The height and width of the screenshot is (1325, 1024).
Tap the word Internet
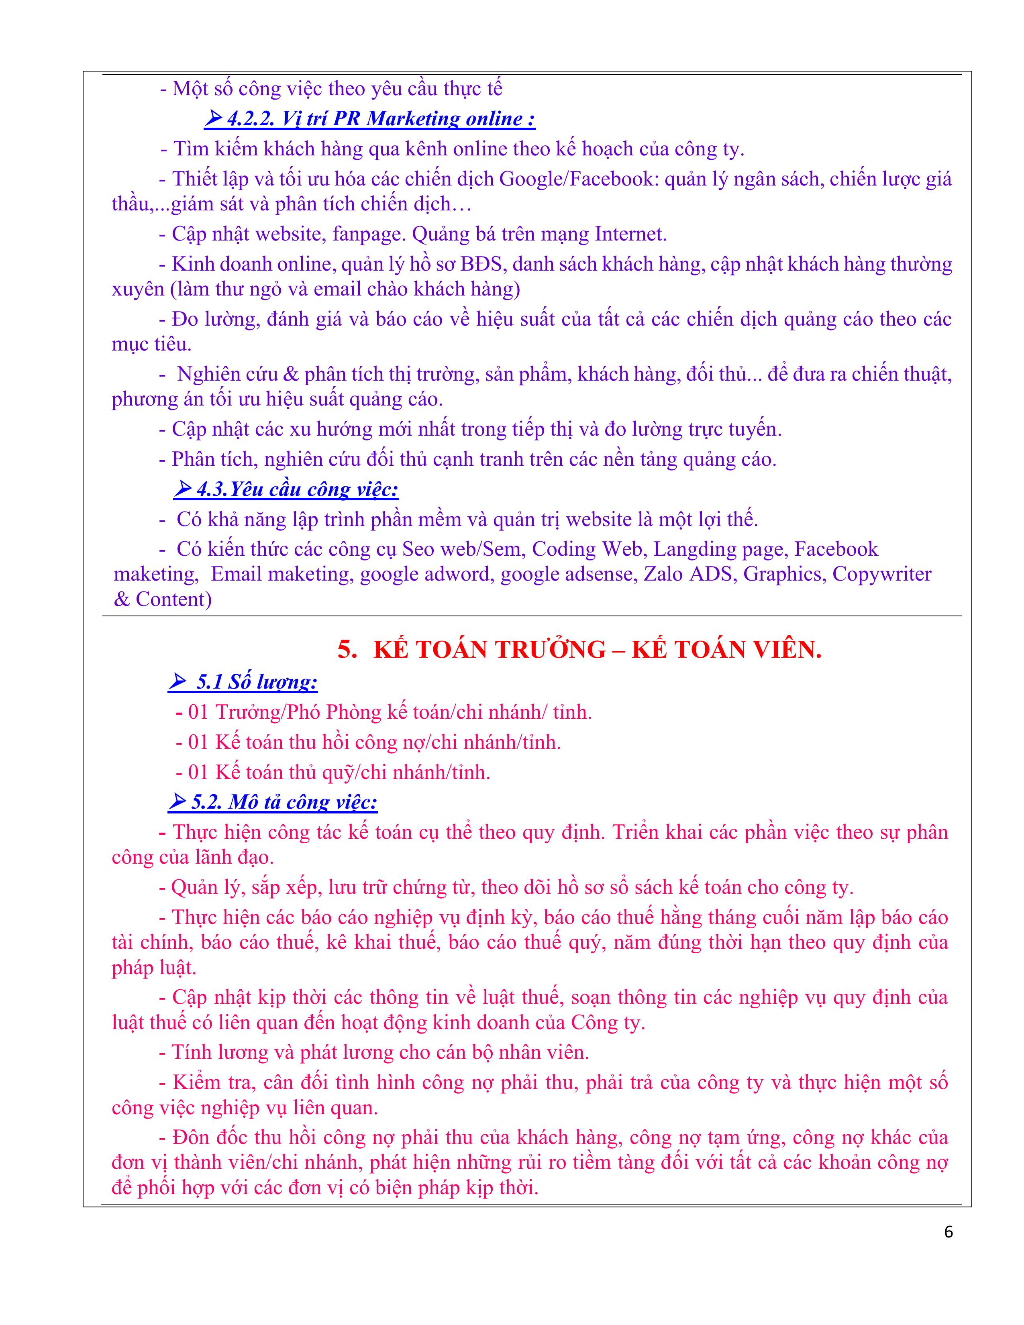630,234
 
